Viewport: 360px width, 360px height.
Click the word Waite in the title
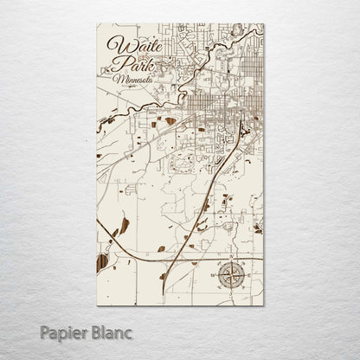129,46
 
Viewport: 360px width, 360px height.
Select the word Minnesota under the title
132,80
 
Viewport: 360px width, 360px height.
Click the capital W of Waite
115,46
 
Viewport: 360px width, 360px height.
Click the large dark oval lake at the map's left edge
101,262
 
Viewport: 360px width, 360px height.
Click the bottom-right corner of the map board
264,305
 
